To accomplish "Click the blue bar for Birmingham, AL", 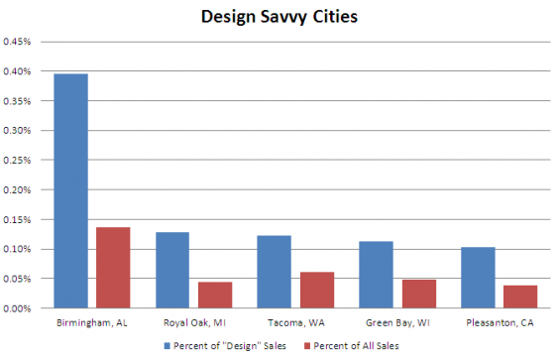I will (x=70, y=190).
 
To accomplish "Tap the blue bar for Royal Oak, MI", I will (x=172, y=270).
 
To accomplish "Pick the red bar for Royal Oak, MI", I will (x=214, y=295).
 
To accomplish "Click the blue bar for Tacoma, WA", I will (x=274, y=272).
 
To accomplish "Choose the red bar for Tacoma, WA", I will (x=316, y=290).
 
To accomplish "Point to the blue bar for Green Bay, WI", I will (x=376, y=275).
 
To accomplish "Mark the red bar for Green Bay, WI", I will (x=418, y=294).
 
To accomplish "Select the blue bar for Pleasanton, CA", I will (x=478, y=277).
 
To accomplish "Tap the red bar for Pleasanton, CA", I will (x=519, y=297).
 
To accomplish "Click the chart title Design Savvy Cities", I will (x=279, y=17).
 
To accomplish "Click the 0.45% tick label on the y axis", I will (x=17, y=42).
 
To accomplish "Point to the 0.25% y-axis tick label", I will (x=17, y=160).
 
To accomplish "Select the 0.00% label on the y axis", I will (x=17, y=308).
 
